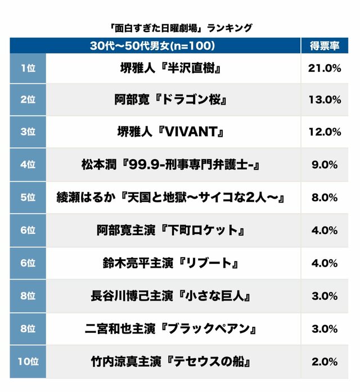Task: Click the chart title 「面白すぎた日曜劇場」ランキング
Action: point(181,28)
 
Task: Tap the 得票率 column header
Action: point(325,46)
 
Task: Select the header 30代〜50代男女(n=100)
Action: point(152,46)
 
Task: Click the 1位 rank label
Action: point(28,68)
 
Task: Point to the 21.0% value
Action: point(325,68)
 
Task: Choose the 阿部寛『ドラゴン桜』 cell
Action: point(171,100)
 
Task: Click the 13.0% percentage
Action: point(325,100)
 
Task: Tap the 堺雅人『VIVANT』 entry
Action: point(170,132)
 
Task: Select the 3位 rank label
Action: point(28,132)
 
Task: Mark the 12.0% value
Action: point(325,132)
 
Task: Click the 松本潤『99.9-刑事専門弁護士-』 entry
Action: point(171,165)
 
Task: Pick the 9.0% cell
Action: point(325,165)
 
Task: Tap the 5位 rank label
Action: point(28,197)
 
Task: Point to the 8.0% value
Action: point(325,197)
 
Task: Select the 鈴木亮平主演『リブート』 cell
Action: point(171,263)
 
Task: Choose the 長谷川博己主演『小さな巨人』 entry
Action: point(171,296)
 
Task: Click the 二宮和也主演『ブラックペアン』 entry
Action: point(171,329)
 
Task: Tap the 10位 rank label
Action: point(28,361)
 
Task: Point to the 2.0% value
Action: point(325,362)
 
